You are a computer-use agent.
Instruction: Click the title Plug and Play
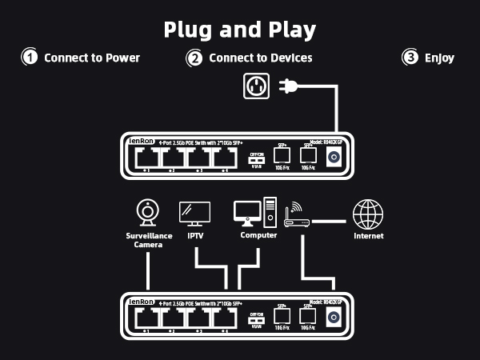coord(240,30)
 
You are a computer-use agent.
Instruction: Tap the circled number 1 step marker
coord(30,58)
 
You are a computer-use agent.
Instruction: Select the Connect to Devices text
coord(260,58)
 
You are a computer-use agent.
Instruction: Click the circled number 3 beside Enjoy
coord(410,58)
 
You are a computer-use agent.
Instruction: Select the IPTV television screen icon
coord(194,213)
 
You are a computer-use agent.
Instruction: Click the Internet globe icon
coord(368,214)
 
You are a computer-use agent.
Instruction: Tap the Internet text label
coord(369,236)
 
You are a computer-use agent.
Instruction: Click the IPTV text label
coord(196,236)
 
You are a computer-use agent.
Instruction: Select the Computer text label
coord(258,236)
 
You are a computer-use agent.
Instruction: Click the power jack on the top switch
coord(334,157)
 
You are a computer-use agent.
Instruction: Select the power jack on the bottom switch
coord(334,317)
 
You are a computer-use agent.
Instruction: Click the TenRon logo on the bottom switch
coord(141,302)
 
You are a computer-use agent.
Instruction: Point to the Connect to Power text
coord(92,58)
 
